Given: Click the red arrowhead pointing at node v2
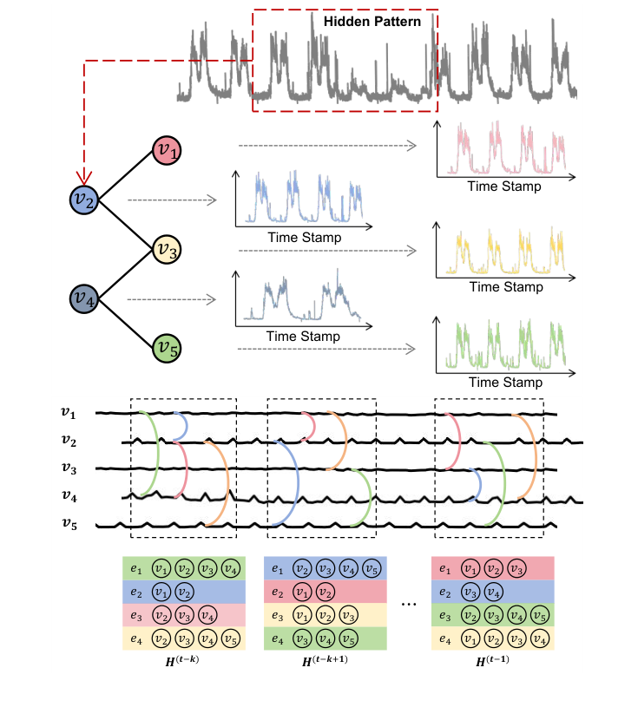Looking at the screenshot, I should click(83, 178).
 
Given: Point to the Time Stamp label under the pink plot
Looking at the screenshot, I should click(503, 187).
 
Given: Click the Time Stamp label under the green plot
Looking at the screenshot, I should click(503, 383).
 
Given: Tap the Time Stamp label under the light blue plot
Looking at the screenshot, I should click(304, 237).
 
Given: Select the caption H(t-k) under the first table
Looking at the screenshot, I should click(184, 661).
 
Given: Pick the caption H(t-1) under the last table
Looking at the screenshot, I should click(491, 661).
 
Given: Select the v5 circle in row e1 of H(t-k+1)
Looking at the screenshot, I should click(370, 568).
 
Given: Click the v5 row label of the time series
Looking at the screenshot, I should click(68, 525).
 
